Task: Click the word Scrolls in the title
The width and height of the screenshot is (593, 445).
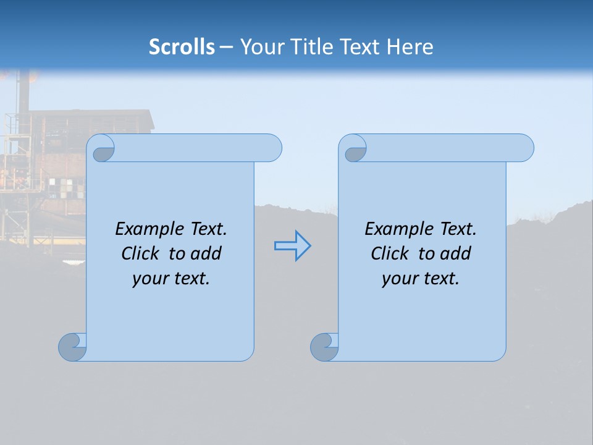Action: pyautogui.click(x=182, y=46)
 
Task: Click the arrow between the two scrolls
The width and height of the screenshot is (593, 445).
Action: pyautogui.click(x=292, y=246)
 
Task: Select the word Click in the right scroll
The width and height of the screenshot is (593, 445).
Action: pyautogui.click(x=390, y=253)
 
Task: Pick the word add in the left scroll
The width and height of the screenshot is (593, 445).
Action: pyautogui.click(x=206, y=253)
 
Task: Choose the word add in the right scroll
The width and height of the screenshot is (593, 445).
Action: pyautogui.click(x=456, y=253)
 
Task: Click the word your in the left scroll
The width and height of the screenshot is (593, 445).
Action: pyautogui.click(x=148, y=279)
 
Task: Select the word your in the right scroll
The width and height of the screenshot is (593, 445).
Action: pyautogui.click(x=398, y=279)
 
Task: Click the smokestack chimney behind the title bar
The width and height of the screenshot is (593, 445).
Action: pyautogui.click(x=23, y=93)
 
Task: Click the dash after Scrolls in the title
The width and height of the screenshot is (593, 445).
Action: pyautogui.click(x=226, y=47)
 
